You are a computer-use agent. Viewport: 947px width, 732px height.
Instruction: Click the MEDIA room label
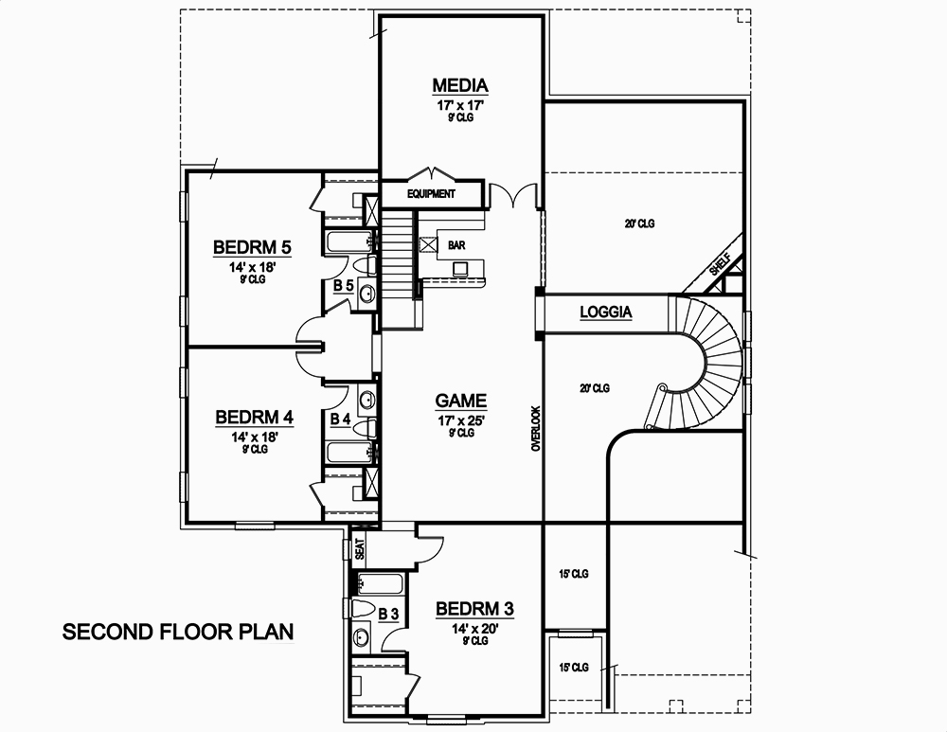pos(460,86)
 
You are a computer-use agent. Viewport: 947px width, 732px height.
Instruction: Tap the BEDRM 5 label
pos(251,248)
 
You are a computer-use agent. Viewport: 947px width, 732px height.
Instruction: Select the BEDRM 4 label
pos(254,418)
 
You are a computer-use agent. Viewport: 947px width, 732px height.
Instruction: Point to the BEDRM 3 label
pos(473,608)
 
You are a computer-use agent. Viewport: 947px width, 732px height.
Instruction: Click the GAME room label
pos(461,401)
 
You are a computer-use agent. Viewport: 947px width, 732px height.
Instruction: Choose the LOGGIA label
pos(605,312)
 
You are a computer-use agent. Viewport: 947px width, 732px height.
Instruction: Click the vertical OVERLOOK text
pos(535,428)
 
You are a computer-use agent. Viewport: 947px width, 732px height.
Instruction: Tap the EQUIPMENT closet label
pos(431,194)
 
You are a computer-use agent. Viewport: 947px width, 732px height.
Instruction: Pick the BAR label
pos(457,245)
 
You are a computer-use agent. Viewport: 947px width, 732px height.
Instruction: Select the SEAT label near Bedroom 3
pos(359,550)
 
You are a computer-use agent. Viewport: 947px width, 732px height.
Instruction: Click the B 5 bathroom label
pos(343,285)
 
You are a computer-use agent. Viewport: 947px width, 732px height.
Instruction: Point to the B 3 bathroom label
pos(387,615)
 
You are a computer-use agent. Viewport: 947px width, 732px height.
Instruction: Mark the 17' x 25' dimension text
pos(461,420)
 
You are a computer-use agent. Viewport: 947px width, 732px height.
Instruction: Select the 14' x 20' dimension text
pos(473,627)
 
